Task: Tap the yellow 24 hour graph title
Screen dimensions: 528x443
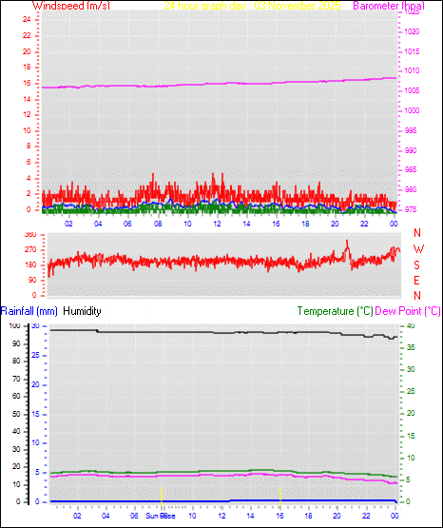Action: point(253,6)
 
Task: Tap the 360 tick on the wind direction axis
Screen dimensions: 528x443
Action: point(29,234)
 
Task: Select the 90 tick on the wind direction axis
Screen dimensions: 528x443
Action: point(31,281)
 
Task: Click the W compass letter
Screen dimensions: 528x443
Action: point(417,249)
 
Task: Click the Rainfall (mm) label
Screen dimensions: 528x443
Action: point(29,311)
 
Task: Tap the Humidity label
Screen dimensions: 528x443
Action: point(81,311)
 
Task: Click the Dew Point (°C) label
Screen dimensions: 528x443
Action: point(408,311)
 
